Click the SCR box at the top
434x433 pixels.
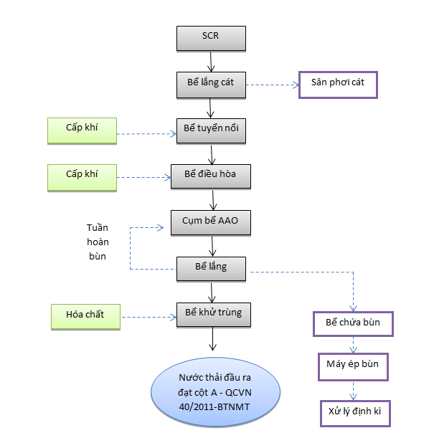211,39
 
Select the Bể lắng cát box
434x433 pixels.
211,85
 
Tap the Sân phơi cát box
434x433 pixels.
338,85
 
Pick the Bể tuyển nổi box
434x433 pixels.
211,131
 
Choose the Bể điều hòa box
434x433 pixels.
211,176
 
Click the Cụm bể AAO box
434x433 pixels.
211,223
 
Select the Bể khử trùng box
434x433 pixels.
213,315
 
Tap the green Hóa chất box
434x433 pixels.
85,317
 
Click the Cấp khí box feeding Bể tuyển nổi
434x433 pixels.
82,131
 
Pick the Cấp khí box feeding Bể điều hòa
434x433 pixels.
82,178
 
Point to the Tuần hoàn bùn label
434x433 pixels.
98,242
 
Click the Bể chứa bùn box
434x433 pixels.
353,324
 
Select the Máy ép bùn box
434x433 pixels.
353,367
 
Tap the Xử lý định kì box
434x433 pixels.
355,414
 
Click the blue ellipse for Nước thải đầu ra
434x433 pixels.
215,392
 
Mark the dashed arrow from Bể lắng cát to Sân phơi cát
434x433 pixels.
273,85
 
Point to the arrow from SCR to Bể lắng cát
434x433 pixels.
211,62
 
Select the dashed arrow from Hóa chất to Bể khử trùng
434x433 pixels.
149,317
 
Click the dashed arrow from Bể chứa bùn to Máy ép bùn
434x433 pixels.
353,345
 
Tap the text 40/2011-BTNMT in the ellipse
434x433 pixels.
214,406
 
